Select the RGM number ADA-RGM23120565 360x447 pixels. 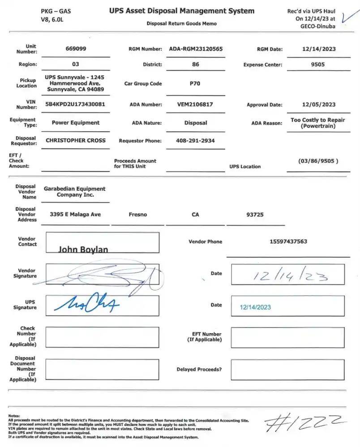pyautogui.click(x=196, y=49)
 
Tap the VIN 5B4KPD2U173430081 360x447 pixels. pyautogui.click(x=76, y=104)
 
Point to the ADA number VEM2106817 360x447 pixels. pyautogui.click(x=195, y=104)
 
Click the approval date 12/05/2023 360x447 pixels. pyautogui.click(x=318, y=105)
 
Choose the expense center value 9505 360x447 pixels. pyautogui.click(x=318, y=64)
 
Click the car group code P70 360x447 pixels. pyautogui.click(x=195, y=83)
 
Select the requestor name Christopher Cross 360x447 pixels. pyautogui.click(x=76, y=140)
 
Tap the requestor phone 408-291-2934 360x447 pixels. pyautogui.click(x=195, y=140)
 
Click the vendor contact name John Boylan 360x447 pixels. pyautogui.click(x=83, y=249)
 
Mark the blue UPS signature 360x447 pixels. pyautogui.click(x=86, y=305)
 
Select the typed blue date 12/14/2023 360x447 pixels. pyautogui.click(x=255, y=307)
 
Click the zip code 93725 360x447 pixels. pyautogui.click(x=255, y=214)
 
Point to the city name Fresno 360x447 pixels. pyautogui.click(x=137, y=214)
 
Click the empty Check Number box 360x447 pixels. pyautogui.click(x=102, y=337)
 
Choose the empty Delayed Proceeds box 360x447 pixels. pyautogui.click(x=287, y=370)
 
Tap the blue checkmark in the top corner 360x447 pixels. pyautogui.click(x=346, y=17)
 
